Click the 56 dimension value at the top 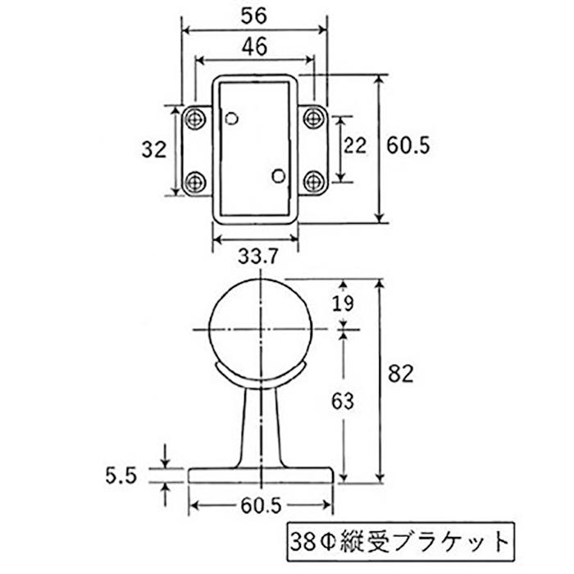point(253,16)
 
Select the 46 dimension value point(254,47)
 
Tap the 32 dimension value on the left point(154,150)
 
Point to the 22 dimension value point(355,145)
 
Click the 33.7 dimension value point(258,256)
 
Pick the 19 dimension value point(343,303)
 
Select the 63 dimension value point(343,401)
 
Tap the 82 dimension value point(400,374)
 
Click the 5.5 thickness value point(121,476)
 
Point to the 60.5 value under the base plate point(261,506)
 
